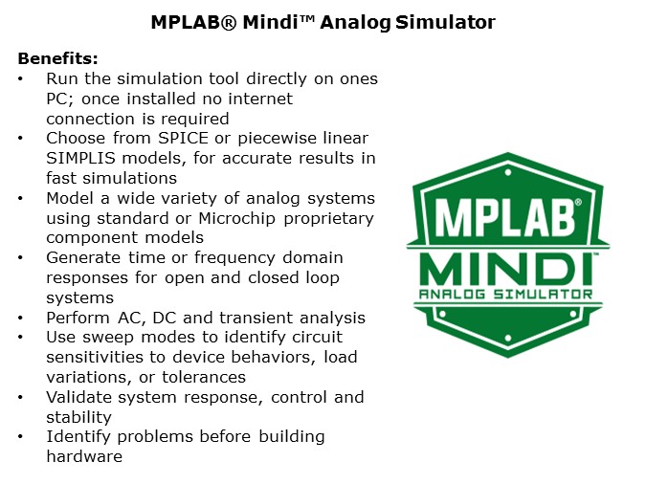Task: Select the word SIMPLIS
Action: point(81,158)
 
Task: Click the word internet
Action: point(259,98)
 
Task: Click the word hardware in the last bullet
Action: point(84,456)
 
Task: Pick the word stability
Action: point(78,417)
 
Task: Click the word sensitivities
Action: point(94,357)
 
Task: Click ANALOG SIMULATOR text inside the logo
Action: point(504,294)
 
